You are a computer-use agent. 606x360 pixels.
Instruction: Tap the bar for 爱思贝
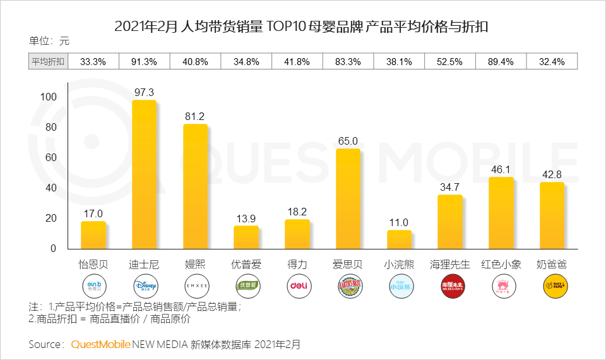(x=348, y=198)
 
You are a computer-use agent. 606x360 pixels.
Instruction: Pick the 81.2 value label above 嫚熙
(x=194, y=116)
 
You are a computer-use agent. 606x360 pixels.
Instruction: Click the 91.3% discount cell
(x=144, y=61)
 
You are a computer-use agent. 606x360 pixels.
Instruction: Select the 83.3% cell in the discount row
(x=348, y=61)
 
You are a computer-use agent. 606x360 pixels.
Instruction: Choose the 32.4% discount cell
(x=552, y=61)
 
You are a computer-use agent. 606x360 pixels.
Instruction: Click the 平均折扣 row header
(x=48, y=61)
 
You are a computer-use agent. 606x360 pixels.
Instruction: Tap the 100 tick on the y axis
(x=48, y=97)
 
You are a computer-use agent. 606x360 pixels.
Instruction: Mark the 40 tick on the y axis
(x=50, y=188)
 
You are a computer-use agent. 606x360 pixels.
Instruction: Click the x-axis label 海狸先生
(x=449, y=265)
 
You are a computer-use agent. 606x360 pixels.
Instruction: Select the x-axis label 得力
(x=297, y=265)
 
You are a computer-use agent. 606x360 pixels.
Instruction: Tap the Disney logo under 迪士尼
(x=144, y=285)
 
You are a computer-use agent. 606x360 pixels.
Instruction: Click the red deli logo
(x=297, y=285)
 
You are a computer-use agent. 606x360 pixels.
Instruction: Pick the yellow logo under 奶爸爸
(x=552, y=285)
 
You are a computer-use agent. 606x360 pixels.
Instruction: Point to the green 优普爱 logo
(x=246, y=285)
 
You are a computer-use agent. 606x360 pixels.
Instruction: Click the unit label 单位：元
(x=49, y=41)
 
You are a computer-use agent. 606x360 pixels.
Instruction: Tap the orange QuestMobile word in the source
(x=100, y=344)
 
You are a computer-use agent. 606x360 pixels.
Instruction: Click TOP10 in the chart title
(x=287, y=27)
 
